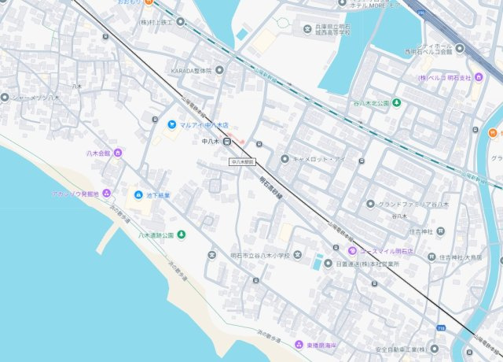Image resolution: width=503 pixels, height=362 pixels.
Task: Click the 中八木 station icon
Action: (226, 142)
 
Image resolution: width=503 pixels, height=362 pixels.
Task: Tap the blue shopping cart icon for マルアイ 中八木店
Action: (171, 124)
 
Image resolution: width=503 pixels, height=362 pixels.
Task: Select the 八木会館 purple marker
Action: (118, 153)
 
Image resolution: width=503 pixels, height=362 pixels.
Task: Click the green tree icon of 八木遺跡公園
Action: (182, 234)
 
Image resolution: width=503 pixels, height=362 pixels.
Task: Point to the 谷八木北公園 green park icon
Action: (397, 102)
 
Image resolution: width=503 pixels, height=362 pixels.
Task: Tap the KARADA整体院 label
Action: (192, 71)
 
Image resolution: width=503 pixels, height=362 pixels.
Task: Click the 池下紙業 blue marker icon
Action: (138, 194)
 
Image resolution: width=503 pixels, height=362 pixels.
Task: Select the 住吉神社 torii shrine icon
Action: (440, 231)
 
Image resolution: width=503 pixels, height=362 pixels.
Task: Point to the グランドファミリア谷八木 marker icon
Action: (370, 205)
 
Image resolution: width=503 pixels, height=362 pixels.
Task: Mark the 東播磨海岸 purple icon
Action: (299, 345)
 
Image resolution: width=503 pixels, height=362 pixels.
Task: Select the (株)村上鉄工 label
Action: (162, 22)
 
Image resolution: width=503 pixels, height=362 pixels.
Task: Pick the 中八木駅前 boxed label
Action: (243, 161)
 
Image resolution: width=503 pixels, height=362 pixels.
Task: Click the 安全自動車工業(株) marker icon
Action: (434, 349)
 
